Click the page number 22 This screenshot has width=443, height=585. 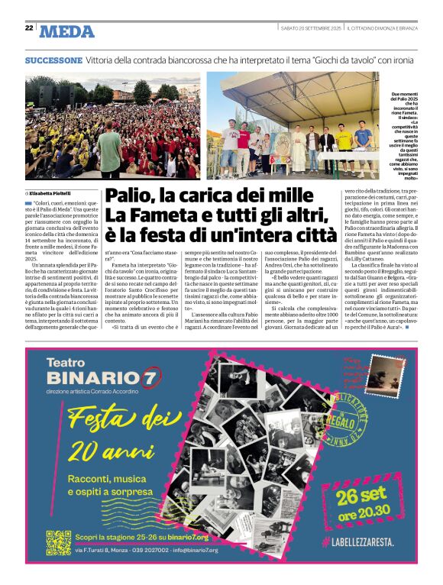(x=29, y=27)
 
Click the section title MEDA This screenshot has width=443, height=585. (x=67, y=31)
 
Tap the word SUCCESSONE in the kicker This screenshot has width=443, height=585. (x=53, y=60)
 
